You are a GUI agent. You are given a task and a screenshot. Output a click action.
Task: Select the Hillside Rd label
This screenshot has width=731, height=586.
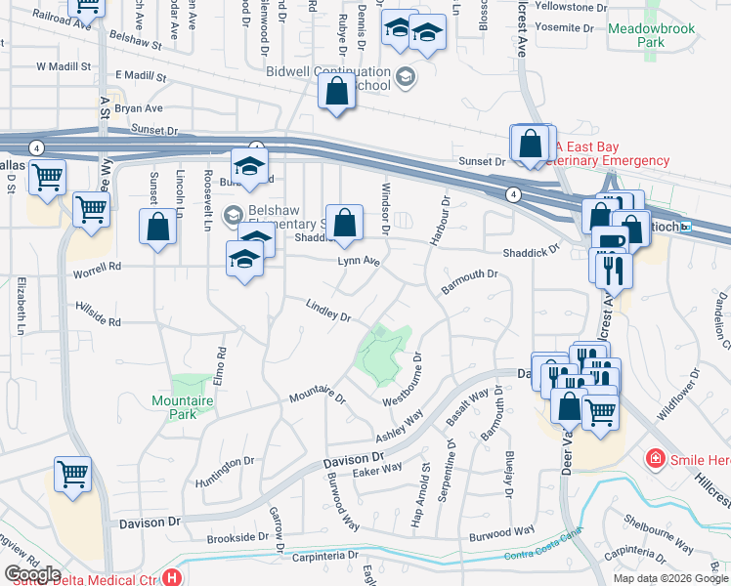(x=98, y=314)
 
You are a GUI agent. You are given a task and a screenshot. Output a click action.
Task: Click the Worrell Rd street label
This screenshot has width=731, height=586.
(x=97, y=266)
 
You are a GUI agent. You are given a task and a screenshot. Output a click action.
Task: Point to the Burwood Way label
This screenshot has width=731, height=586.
(x=502, y=533)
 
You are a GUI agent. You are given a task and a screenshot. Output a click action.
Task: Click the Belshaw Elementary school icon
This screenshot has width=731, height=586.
(x=234, y=214)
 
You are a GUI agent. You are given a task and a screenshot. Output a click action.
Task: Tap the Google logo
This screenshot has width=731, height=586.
(x=32, y=574)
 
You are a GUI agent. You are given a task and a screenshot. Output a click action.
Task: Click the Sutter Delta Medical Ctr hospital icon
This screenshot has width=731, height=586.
(x=173, y=578)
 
